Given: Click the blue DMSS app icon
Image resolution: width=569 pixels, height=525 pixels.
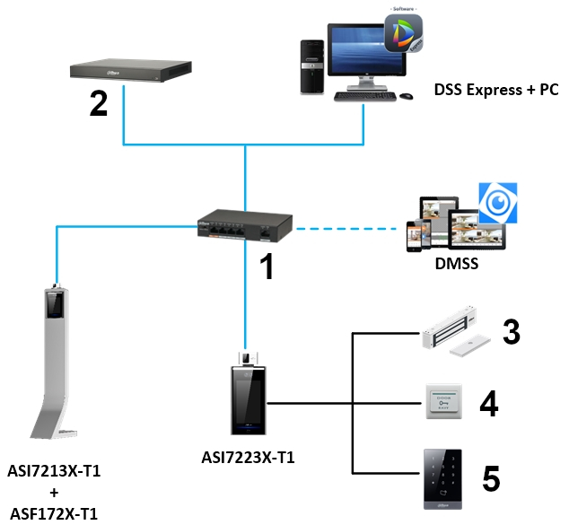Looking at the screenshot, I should (x=497, y=203).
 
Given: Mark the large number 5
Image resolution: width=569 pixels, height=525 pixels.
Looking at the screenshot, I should (x=491, y=477).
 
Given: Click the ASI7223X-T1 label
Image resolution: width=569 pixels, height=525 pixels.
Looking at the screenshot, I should (x=249, y=459).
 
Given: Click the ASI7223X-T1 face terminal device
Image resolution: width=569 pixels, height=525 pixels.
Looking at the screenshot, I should (x=247, y=396).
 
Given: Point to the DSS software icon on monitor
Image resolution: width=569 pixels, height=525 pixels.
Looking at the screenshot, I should (x=403, y=33).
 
